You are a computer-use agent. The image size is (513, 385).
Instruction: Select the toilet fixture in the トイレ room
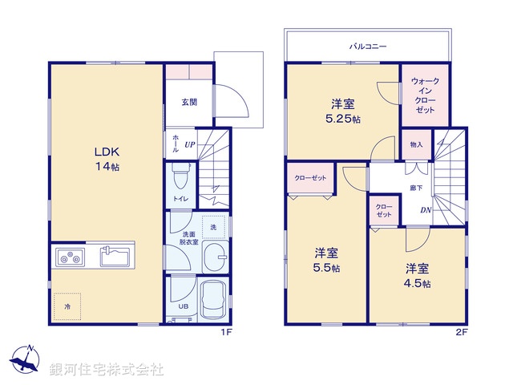pyautogui.click(x=180, y=172)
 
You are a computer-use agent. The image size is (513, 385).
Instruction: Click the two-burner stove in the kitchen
pyautogui.click(x=70, y=257)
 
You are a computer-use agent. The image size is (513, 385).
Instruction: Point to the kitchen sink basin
pyautogui.click(x=116, y=257)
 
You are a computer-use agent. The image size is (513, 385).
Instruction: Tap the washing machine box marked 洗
pyautogui.click(x=213, y=228)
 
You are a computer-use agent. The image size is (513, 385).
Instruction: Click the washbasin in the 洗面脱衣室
pyautogui.click(x=214, y=257)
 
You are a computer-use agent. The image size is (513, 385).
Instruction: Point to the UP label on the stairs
pyautogui.click(x=189, y=144)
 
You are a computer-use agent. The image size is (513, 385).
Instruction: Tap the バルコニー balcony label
pyautogui.click(x=368, y=47)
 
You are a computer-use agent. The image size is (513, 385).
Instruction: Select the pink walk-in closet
pyautogui.click(x=424, y=95)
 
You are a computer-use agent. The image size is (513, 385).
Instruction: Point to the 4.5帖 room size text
pyautogui.click(x=417, y=283)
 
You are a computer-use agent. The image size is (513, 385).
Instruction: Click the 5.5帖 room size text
pyautogui.click(x=325, y=267)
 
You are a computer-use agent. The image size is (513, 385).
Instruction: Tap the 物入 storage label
pyautogui.click(x=416, y=144)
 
